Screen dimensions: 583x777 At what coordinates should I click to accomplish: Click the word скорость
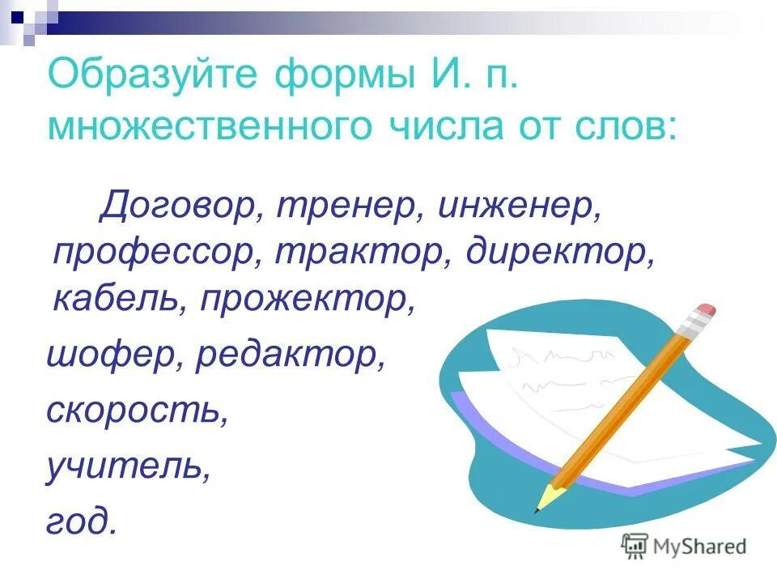click(133, 411)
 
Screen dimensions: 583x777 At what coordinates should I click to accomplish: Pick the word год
click(81, 521)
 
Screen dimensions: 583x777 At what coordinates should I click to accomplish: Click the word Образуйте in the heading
click(153, 79)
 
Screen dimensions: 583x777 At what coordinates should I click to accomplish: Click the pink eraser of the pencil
click(705, 310)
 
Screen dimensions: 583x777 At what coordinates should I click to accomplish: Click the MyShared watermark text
click(701, 547)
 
